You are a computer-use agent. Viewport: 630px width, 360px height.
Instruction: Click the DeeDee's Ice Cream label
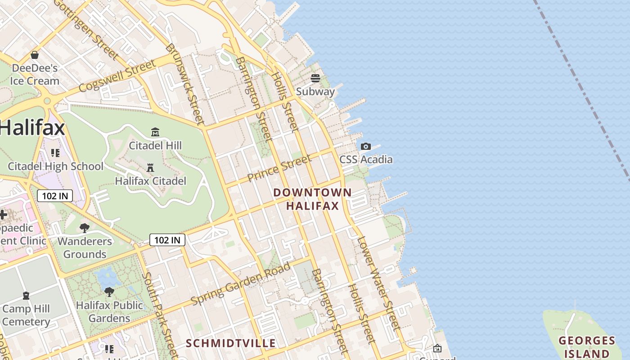pos(35,75)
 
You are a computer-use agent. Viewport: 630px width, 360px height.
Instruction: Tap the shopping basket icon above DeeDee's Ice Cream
pos(35,55)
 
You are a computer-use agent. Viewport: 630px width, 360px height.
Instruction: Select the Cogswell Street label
pos(117,76)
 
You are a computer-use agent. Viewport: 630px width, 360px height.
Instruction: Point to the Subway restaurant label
pos(315,92)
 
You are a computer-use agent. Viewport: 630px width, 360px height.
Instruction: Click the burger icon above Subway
pos(315,78)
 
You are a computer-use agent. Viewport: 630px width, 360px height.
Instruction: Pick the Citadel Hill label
pos(155,145)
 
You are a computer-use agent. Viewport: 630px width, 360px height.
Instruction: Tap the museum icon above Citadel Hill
pos(155,132)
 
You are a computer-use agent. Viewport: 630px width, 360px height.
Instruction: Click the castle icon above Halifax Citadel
pos(150,168)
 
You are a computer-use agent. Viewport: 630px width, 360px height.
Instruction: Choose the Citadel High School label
pos(55,166)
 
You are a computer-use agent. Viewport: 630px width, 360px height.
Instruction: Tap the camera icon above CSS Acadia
pos(366,146)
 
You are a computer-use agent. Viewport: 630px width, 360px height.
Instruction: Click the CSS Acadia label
pos(366,160)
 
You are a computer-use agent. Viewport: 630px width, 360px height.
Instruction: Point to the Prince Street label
pos(279,168)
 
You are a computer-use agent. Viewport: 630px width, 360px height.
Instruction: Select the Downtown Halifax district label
pos(312,199)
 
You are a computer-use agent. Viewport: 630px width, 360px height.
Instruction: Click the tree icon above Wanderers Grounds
pos(84,228)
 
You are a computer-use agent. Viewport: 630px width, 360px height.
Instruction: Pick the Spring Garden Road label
pos(241,283)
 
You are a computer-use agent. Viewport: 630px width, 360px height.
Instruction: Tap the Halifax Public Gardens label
pos(109,311)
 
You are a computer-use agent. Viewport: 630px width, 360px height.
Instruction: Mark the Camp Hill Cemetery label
pos(26,315)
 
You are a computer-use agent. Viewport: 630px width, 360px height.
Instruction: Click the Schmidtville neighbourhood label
pos(231,343)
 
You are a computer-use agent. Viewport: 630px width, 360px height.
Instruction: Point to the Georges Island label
pos(587,346)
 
